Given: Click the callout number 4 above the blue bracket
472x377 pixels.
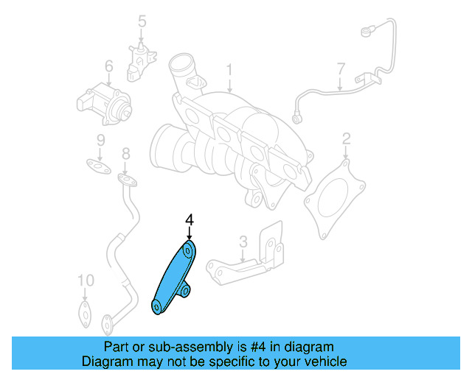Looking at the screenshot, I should pyautogui.click(x=189, y=219).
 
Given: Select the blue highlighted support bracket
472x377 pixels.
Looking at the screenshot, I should pyautogui.click(x=174, y=277).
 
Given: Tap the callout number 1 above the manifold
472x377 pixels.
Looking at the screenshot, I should pyautogui.click(x=229, y=71).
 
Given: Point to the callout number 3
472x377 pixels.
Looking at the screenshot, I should pyautogui.click(x=243, y=241).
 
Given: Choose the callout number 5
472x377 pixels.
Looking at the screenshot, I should pyautogui.click(x=142, y=22).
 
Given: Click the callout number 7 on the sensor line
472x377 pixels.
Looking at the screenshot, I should pyautogui.click(x=341, y=70).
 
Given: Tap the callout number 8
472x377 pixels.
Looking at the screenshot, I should pyautogui.click(x=125, y=153).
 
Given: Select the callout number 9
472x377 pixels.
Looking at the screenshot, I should pyautogui.click(x=101, y=140).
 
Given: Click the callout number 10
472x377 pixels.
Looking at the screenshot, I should pyautogui.click(x=86, y=281).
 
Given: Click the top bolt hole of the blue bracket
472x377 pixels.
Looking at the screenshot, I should pyautogui.click(x=189, y=250).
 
